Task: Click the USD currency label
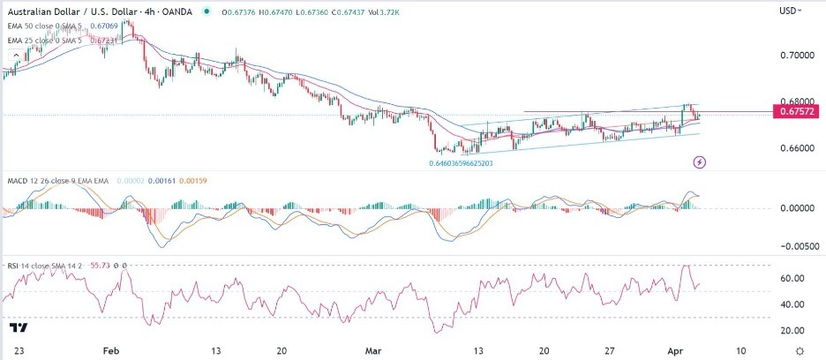pos(790,11)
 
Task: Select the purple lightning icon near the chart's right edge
pos(699,162)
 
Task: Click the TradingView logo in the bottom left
pos(18,328)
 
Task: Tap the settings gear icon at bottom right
pos(799,350)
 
